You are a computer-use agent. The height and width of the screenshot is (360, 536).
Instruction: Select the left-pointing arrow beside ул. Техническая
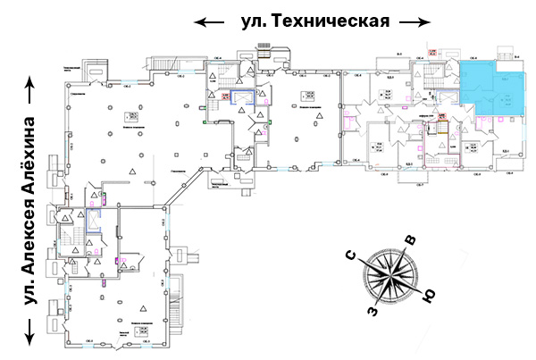210,21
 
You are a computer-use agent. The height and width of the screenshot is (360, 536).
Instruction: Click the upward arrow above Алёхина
32,89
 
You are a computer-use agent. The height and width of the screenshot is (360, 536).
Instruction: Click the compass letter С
353,258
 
